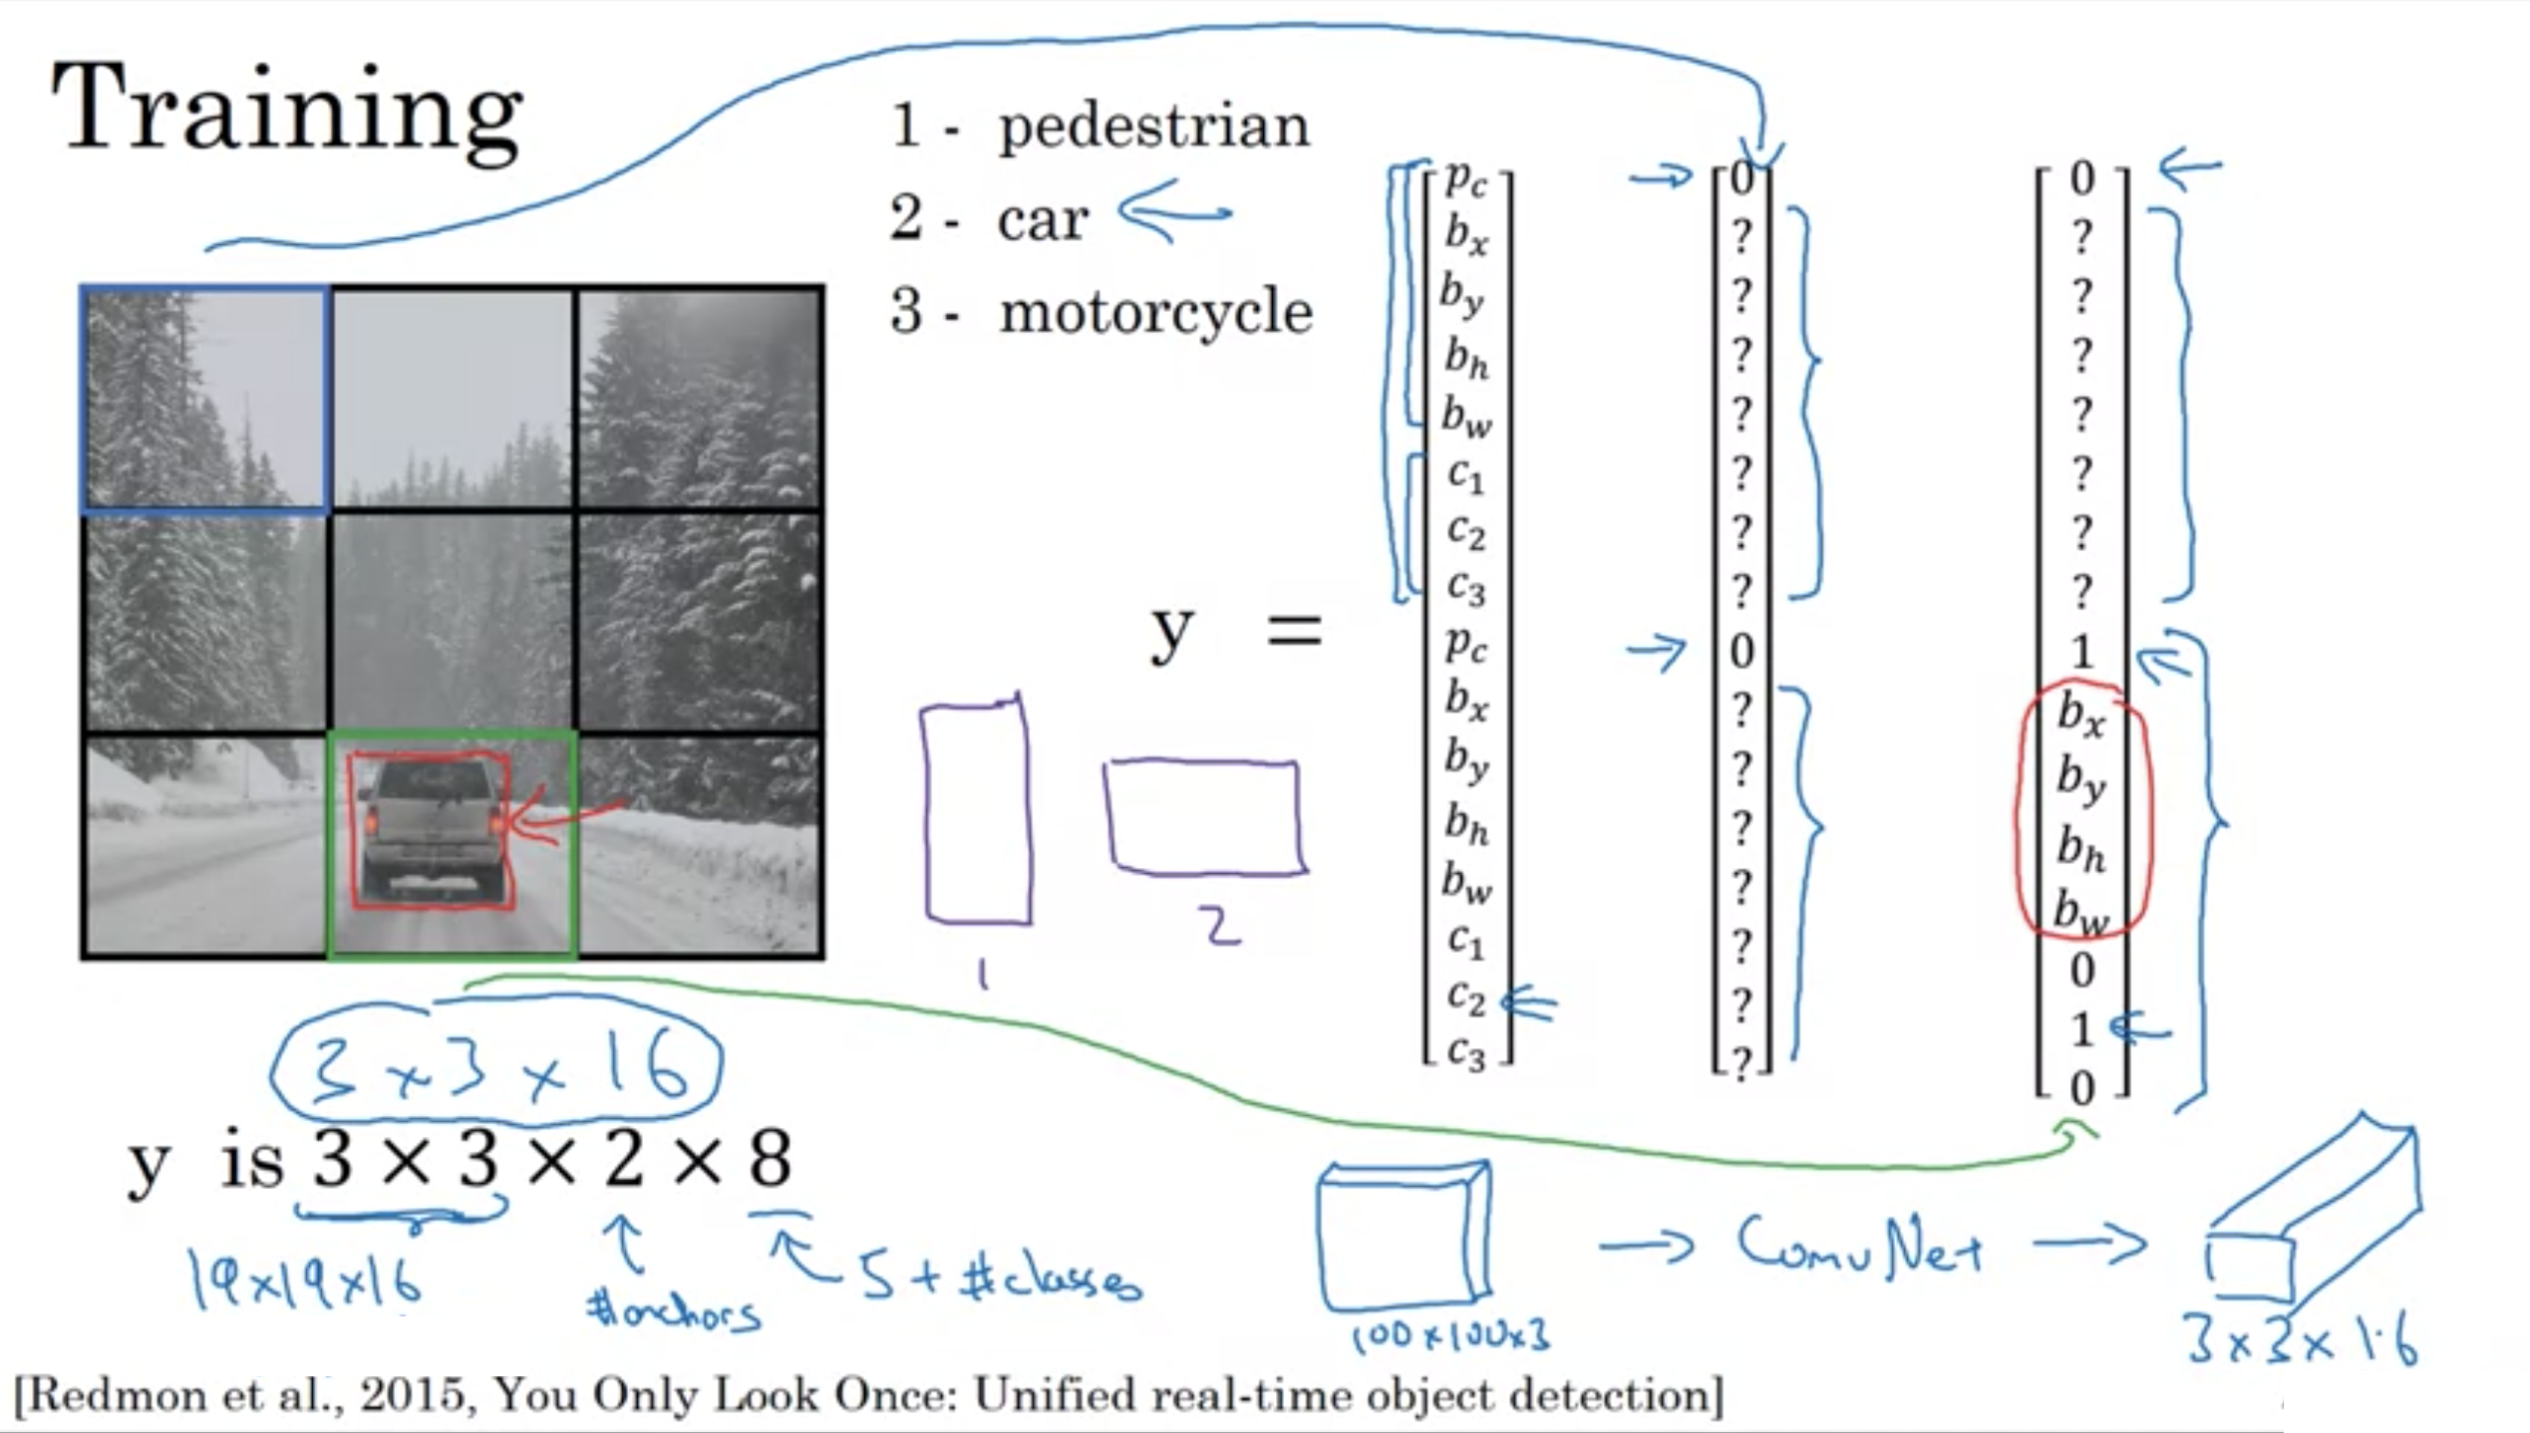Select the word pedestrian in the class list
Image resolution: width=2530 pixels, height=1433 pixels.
tap(1153, 128)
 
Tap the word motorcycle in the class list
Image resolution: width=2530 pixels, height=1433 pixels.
tap(1155, 313)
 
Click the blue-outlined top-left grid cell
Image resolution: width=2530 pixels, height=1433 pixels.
tap(205, 399)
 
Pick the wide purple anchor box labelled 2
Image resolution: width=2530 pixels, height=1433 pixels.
tap(1204, 817)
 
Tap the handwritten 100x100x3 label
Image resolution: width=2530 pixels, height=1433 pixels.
tap(1449, 1336)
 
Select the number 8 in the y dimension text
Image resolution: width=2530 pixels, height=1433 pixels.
tap(770, 1159)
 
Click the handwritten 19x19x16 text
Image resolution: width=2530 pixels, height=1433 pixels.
tap(305, 1280)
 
